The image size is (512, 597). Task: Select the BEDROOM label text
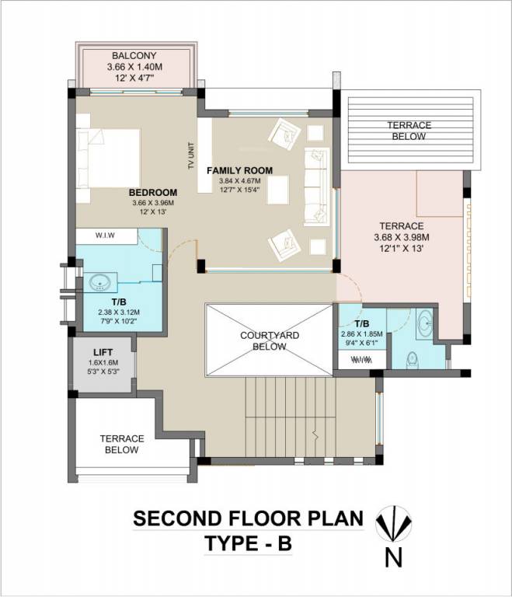tap(152, 193)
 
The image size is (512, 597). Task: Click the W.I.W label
tap(106, 235)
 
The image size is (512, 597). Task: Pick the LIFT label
tap(103, 352)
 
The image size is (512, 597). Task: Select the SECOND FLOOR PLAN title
tap(248, 518)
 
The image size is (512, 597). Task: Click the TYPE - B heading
tap(248, 544)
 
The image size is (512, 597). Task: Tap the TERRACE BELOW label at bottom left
tap(122, 444)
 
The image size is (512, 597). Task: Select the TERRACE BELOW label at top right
tap(409, 131)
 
